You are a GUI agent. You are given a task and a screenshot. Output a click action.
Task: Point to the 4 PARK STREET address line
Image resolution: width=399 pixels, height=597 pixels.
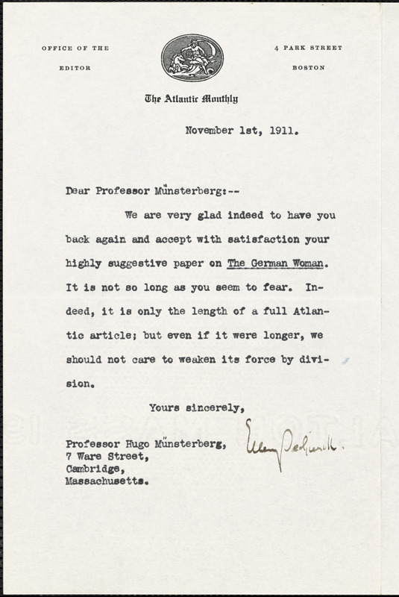pos(308,49)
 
